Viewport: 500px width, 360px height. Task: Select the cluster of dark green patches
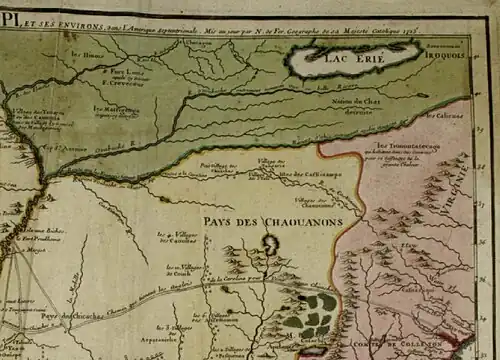pyautogui.click(x=312, y=314)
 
